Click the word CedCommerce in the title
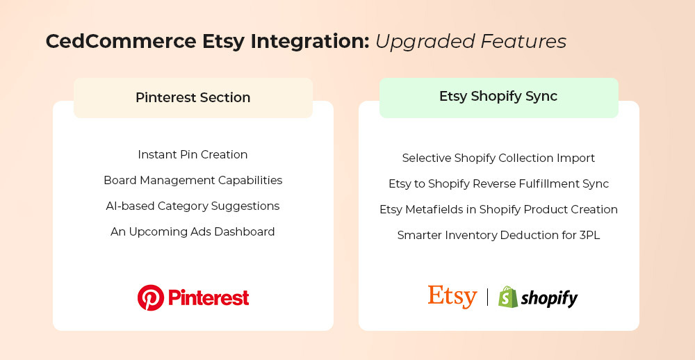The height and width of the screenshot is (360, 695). pos(120,41)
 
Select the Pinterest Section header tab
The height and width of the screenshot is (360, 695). pos(193,97)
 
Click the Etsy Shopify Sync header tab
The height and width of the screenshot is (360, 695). pos(498,97)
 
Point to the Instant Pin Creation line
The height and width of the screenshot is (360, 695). pos(193,155)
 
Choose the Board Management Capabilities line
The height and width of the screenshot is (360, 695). pos(193,181)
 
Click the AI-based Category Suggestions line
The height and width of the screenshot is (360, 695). pos(193,206)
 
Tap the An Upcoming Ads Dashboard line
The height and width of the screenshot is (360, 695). pos(193,232)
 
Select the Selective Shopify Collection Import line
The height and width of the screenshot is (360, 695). pos(498,158)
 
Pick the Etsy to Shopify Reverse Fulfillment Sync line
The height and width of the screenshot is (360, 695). pos(498,184)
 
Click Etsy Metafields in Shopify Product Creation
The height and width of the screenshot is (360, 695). pos(498,209)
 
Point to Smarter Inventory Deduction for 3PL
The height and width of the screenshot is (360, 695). pos(498,236)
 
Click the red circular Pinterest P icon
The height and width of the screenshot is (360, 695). pos(151,297)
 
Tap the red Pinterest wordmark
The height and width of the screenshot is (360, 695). pos(208,297)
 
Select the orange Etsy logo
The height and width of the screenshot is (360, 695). pos(452,297)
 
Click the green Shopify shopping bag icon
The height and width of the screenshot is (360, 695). pos(508,297)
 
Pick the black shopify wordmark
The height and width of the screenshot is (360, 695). pos(549,298)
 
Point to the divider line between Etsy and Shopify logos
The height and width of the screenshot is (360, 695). pos(488,297)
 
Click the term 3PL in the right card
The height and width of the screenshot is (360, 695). pos(589,236)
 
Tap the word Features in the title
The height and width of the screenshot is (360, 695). pos(524,41)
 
